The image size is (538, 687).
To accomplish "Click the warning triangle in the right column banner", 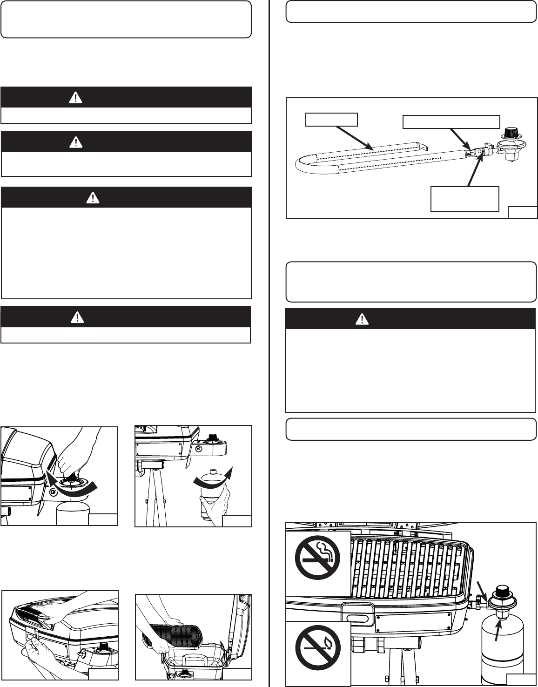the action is click(x=362, y=319).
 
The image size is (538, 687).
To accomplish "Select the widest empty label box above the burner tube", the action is click(x=451, y=121).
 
